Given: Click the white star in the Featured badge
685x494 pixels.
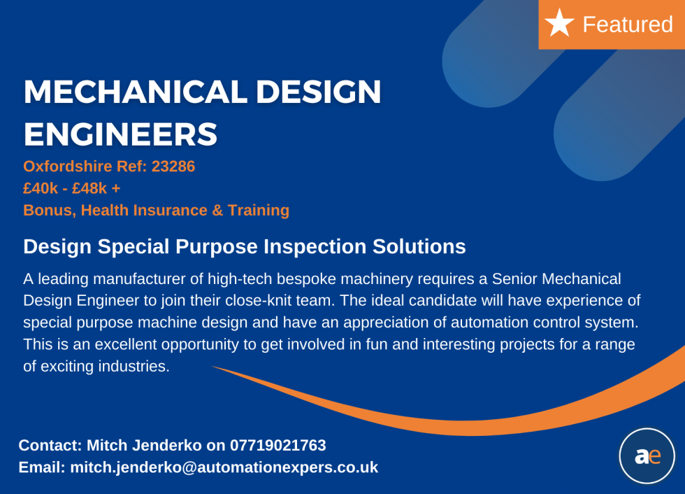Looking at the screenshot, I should (x=559, y=23).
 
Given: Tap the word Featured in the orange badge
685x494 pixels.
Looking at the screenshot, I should (x=627, y=24).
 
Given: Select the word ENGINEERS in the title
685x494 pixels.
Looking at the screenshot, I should (x=120, y=134).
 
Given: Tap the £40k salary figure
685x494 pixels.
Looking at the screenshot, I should (x=40, y=188).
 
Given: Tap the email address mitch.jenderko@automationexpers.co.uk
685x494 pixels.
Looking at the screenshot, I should (x=224, y=467).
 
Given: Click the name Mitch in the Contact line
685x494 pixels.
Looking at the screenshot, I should (x=108, y=445).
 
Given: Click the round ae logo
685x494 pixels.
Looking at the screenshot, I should (x=647, y=456).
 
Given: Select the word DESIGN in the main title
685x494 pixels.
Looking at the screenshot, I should (x=315, y=92).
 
